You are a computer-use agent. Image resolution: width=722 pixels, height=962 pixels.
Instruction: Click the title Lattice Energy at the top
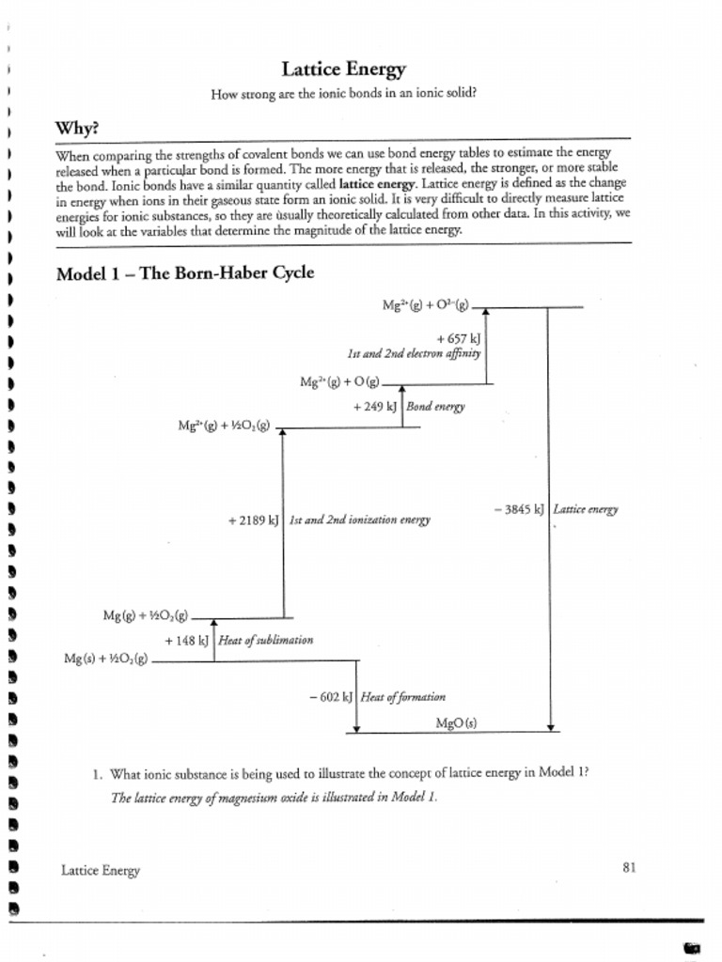pyautogui.click(x=344, y=70)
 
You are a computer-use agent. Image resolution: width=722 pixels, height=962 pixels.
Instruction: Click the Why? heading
pyautogui.click(x=77, y=128)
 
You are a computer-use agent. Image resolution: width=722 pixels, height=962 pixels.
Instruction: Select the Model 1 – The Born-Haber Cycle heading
pyautogui.click(x=185, y=273)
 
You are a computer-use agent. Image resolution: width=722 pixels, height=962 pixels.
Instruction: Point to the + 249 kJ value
pyautogui.click(x=376, y=407)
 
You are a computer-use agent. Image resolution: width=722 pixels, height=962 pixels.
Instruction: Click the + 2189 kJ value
pyautogui.click(x=254, y=520)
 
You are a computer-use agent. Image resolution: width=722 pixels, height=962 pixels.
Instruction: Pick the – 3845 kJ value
pyautogui.click(x=519, y=509)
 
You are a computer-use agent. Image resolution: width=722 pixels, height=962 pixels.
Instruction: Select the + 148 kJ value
pyautogui.click(x=186, y=640)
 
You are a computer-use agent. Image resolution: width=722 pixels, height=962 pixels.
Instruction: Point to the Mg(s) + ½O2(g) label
pyautogui.click(x=106, y=659)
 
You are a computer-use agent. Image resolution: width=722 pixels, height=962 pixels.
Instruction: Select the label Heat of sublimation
pyautogui.click(x=265, y=640)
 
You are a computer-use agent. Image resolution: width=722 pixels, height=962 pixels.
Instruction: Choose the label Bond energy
pyautogui.click(x=435, y=407)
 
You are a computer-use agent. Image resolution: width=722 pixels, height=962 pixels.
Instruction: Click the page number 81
pyautogui.click(x=629, y=868)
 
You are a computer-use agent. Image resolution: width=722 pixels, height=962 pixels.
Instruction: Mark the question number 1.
pyautogui.click(x=97, y=775)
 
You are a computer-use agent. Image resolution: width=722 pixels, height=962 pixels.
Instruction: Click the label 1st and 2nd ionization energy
pyautogui.click(x=359, y=520)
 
